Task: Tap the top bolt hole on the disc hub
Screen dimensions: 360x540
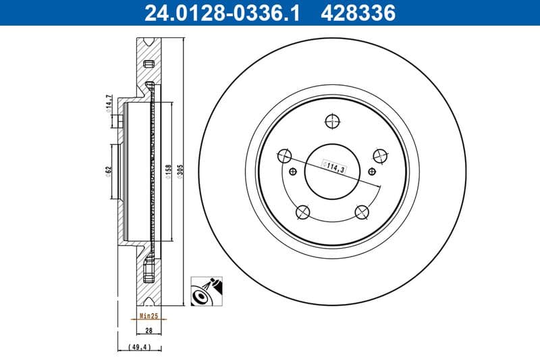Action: [331, 122]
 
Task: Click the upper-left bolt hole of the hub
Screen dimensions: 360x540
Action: [284, 156]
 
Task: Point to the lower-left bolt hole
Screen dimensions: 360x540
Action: [302, 213]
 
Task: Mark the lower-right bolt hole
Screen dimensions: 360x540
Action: [362, 213]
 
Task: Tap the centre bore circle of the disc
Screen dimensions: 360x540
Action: [331, 171]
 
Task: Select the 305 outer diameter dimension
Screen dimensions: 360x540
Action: [180, 169]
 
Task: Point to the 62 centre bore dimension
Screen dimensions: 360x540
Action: [108, 171]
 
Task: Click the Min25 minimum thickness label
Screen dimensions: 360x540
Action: [148, 315]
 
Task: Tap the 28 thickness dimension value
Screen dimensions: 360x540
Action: [148, 330]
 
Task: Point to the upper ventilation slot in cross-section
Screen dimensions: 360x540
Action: [148, 63]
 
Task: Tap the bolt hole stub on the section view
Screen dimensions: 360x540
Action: [116, 122]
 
